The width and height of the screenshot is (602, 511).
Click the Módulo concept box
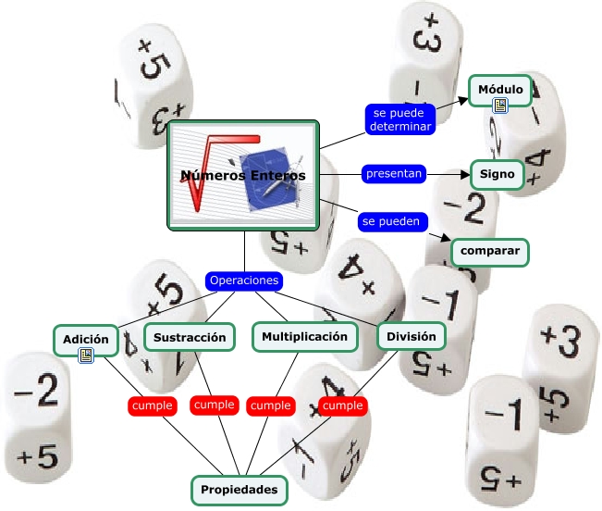click(500, 91)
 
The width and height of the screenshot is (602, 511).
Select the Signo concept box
click(498, 174)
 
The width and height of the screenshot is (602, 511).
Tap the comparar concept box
click(490, 252)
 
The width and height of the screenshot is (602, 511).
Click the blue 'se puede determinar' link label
click(400, 119)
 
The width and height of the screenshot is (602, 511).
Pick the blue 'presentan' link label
click(394, 174)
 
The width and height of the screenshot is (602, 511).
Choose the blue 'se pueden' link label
click(392, 221)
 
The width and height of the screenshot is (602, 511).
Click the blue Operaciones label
click(244, 280)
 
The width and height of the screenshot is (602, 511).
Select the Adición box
click(86, 340)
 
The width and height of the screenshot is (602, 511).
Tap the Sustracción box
click(190, 337)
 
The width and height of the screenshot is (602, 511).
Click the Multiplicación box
click(305, 337)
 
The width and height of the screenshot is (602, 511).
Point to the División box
click(412, 336)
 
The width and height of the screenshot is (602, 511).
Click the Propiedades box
click(240, 491)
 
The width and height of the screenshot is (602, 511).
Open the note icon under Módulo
click(500, 106)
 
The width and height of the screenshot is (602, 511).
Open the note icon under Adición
click(86, 355)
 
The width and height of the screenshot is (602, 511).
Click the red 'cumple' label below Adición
click(153, 406)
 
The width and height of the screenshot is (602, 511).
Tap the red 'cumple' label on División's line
click(343, 405)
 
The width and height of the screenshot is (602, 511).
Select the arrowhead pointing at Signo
click(465, 174)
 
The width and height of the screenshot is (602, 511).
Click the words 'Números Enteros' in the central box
click(243, 176)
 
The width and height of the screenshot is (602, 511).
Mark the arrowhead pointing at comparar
click(446, 237)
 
